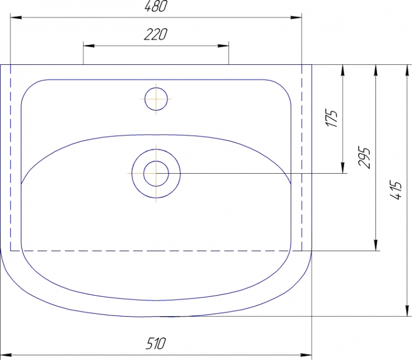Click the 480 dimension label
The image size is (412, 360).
click(x=155, y=6)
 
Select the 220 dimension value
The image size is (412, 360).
click(x=155, y=35)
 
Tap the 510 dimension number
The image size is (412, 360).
click(x=156, y=344)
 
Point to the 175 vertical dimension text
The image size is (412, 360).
click(x=332, y=118)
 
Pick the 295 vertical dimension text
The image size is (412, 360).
click(x=364, y=157)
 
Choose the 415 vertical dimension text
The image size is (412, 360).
click(x=396, y=190)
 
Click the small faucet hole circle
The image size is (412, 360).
click(x=156, y=99)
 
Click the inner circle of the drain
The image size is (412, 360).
click(x=156, y=174)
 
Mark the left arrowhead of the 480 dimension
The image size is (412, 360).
click(x=16, y=18)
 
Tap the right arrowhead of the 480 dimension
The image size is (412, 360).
click(x=296, y=18)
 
